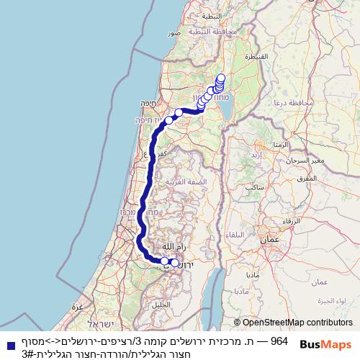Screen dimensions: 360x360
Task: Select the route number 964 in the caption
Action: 278,338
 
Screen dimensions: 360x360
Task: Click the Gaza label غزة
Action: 77,307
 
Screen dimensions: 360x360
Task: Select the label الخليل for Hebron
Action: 163,303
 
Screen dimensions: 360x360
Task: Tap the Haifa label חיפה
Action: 147,102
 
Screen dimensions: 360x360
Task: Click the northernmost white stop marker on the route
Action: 220,78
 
